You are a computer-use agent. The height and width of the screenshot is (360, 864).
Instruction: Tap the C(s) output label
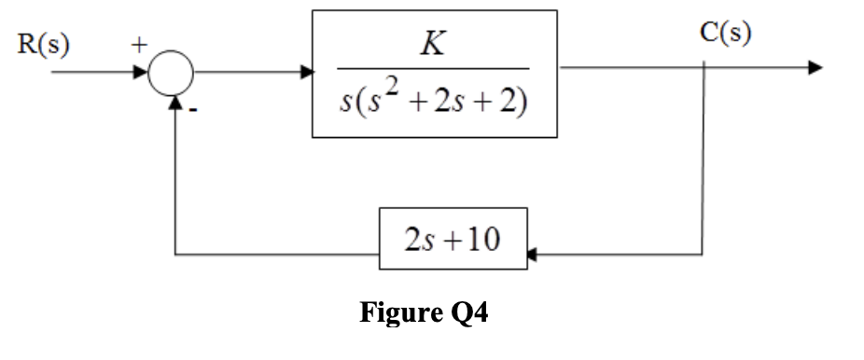(x=725, y=34)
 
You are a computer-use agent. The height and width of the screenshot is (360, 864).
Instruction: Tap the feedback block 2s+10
(x=453, y=240)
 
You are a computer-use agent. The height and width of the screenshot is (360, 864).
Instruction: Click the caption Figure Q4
(x=424, y=312)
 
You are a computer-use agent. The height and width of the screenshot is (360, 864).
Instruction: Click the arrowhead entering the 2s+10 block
(x=533, y=254)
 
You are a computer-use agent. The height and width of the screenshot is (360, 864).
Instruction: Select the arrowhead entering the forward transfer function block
(x=307, y=72)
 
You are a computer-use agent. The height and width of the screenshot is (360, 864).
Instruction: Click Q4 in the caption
(x=467, y=312)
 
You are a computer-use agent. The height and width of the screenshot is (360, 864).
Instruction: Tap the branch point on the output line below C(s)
(x=704, y=68)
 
